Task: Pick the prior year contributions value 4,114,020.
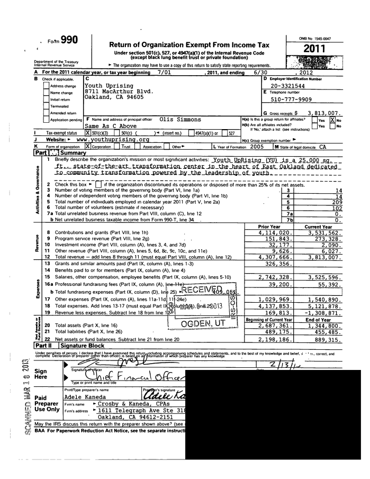click(275, 232)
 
